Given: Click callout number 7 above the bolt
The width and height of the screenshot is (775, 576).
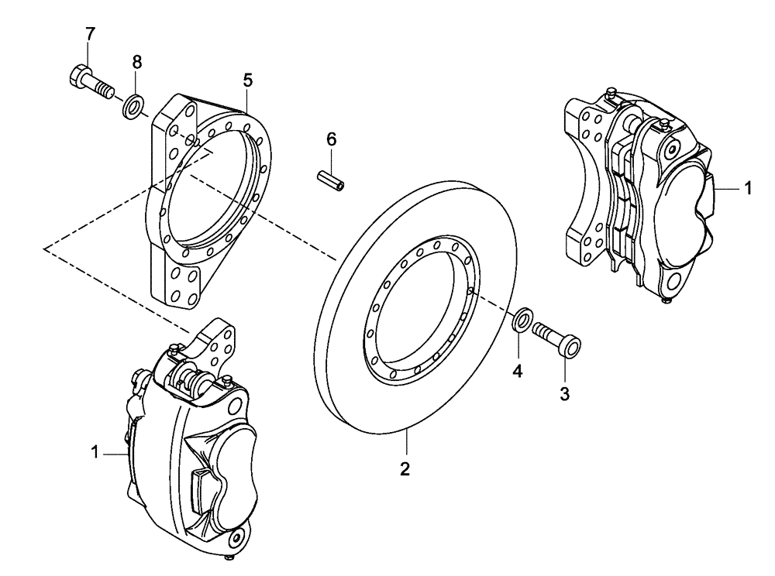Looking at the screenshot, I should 90,34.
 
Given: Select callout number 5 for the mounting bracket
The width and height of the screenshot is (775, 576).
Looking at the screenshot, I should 247,80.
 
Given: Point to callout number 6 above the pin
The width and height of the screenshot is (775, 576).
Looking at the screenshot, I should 332,139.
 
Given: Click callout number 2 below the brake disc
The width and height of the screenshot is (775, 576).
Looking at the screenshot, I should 405,468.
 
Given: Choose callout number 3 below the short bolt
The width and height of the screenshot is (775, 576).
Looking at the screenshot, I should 565,394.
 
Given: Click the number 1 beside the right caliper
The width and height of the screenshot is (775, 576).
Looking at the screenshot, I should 747,188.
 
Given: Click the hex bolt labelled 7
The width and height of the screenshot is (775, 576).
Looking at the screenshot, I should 85,80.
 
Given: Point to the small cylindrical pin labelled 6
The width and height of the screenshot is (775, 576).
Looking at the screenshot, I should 332,180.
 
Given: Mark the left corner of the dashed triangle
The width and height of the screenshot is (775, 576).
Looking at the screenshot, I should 46,249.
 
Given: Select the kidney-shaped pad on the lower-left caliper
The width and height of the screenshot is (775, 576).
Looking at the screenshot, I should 233,474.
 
